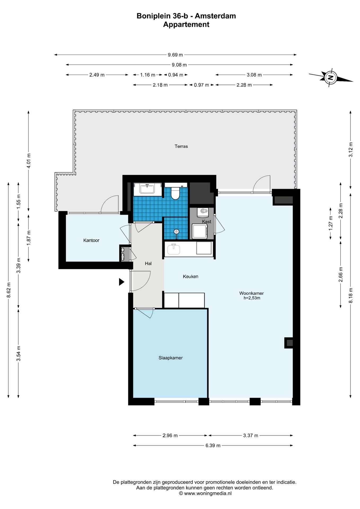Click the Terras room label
(x=181, y=146)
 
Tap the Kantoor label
(x=91, y=240)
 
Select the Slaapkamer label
(x=170, y=358)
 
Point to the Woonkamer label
(x=251, y=293)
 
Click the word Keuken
(x=190, y=277)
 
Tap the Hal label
(x=148, y=264)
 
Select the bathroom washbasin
(x=147, y=189)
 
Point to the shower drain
(x=177, y=231)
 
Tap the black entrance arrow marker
(x=121, y=282)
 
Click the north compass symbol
(x=331, y=78)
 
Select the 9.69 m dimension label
(x=175, y=55)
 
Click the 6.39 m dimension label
(x=213, y=445)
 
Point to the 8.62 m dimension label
(x=8, y=290)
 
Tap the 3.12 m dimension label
(x=350, y=150)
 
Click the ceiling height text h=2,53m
(x=252, y=298)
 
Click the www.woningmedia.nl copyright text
(x=205, y=493)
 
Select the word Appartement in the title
(x=186, y=25)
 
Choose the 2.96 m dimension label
(x=170, y=435)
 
